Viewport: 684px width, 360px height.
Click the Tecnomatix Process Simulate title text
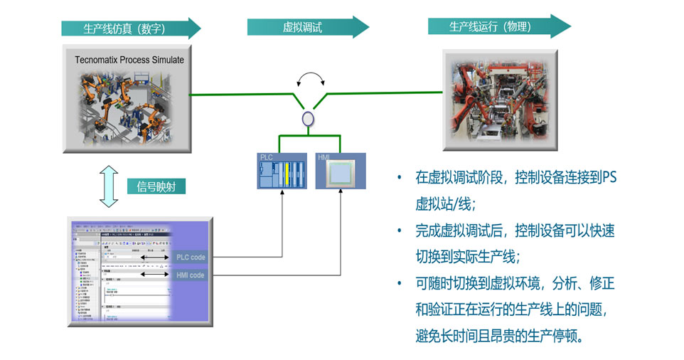(x=129, y=60)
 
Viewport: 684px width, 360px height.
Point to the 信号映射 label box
(x=161, y=187)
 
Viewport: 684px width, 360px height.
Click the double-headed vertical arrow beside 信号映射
(x=107, y=187)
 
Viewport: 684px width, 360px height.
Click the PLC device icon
(x=283, y=174)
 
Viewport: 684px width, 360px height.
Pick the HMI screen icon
(x=340, y=174)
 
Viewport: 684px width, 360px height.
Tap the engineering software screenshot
(x=121, y=273)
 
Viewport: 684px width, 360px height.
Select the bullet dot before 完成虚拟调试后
(x=400, y=230)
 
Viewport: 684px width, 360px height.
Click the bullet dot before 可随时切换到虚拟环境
(x=400, y=283)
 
